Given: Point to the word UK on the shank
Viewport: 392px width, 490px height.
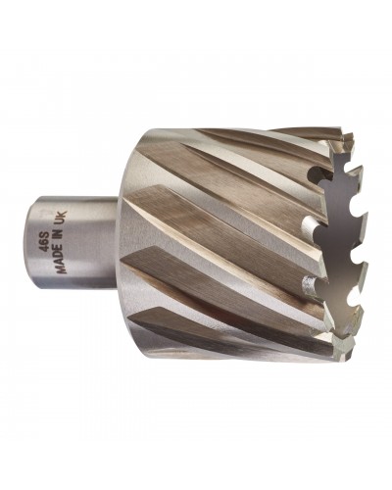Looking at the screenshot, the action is point(62,218).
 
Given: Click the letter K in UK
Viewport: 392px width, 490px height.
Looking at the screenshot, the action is point(62,215).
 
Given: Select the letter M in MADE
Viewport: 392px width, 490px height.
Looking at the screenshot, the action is point(62,269).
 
